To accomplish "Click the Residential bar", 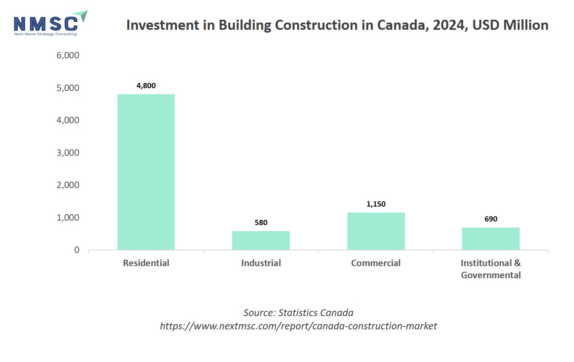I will (x=146, y=172).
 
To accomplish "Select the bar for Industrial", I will (x=261, y=240).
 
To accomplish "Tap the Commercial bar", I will (x=376, y=231).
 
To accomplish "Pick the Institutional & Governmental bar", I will (x=491, y=238).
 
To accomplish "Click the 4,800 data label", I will (x=146, y=86).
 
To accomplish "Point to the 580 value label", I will (x=261, y=223).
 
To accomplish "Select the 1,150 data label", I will (x=376, y=204).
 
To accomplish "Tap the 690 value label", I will (x=491, y=219).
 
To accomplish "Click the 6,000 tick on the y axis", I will (x=68, y=56).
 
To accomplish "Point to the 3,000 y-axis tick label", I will (x=68, y=153).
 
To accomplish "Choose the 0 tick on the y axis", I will (x=77, y=250).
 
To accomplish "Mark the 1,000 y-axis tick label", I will (x=68, y=218).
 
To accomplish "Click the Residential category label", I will (x=146, y=263).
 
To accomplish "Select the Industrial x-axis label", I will (x=261, y=263).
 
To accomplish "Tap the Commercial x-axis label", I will (x=376, y=263).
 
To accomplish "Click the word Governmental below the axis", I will (x=491, y=275).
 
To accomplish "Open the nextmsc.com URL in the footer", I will (x=298, y=326).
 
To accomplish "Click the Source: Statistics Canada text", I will (x=298, y=313).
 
